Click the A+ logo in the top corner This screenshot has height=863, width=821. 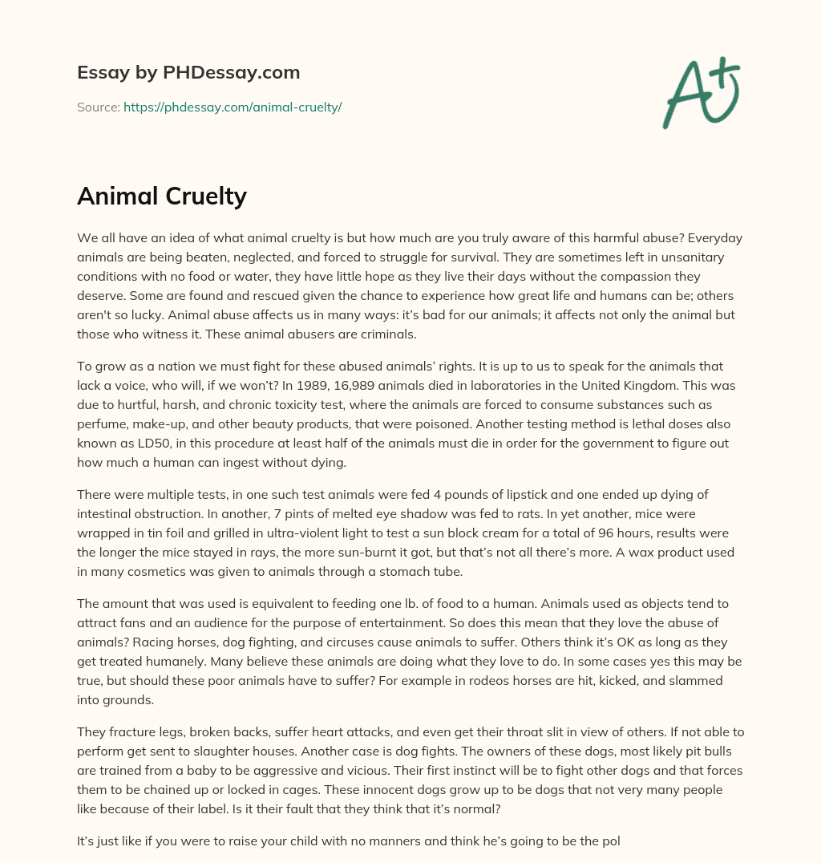(700, 92)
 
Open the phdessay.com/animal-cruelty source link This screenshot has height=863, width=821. (233, 107)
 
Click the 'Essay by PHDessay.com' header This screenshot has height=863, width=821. (188, 73)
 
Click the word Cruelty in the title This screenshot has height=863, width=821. (205, 197)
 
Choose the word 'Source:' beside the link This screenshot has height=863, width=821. (98, 107)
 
